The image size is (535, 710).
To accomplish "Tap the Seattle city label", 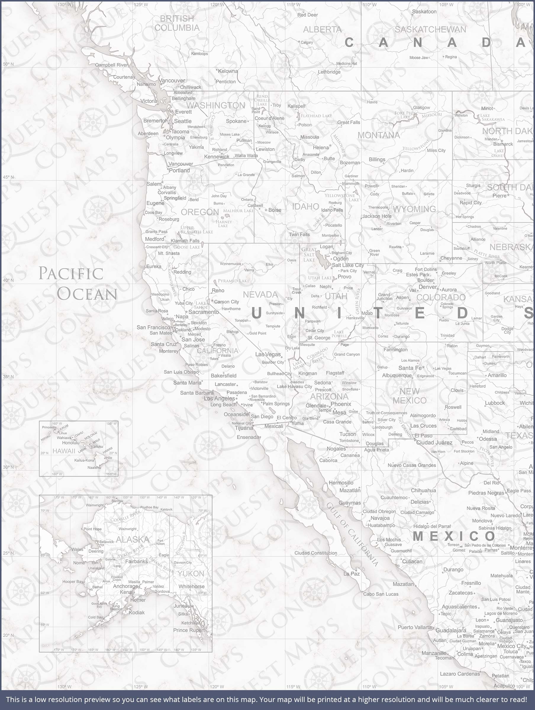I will click(x=183, y=121).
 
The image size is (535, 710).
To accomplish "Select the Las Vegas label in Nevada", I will click(x=268, y=354).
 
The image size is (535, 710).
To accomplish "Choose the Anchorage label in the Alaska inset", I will click(x=125, y=586).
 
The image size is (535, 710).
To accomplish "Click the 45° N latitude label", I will click(x=8, y=177).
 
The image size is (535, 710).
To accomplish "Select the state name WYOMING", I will click(x=414, y=209).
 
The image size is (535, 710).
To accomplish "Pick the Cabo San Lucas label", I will click(x=381, y=594).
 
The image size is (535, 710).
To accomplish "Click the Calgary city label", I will click(x=307, y=42).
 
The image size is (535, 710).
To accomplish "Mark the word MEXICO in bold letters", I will click(x=455, y=536).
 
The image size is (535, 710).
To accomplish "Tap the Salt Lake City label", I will click(x=348, y=265).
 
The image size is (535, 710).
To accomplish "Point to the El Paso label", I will click(x=423, y=435).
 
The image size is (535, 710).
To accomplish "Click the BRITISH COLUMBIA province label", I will click(x=177, y=23).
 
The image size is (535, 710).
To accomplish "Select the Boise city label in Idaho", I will click(x=275, y=210).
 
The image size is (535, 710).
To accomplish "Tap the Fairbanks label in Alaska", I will click(x=136, y=561).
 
